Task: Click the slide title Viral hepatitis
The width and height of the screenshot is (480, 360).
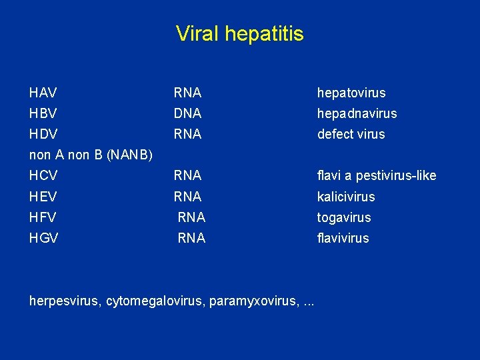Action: (239, 33)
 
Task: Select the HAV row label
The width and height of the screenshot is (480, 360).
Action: (43, 93)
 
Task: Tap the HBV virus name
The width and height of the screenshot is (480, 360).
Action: (43, 113)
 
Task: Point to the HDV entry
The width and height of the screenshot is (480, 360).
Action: (43, 134)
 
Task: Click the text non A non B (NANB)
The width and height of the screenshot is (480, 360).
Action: (91, 155)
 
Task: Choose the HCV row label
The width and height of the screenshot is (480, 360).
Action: (43, 176)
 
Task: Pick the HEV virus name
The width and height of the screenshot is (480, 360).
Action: (43, 197)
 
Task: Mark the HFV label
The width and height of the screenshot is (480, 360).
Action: (43, 217)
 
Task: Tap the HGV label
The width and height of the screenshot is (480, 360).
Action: (43, 238)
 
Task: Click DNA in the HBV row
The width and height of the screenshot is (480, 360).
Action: (187, 113)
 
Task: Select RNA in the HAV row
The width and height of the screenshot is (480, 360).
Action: (187, 93)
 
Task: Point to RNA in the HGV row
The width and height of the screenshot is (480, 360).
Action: (191, 238)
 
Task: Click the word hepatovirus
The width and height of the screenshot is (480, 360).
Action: (351, 93)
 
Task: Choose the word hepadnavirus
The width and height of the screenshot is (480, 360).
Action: (357, 114)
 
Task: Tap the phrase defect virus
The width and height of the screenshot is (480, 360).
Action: (351, 134)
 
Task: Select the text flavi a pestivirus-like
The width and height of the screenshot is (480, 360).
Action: (377, 176)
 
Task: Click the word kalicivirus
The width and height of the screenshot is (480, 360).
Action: (346, 197)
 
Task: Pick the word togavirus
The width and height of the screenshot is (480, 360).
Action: (344, 218)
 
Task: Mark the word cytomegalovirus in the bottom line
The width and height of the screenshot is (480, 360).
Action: (155, 301)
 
